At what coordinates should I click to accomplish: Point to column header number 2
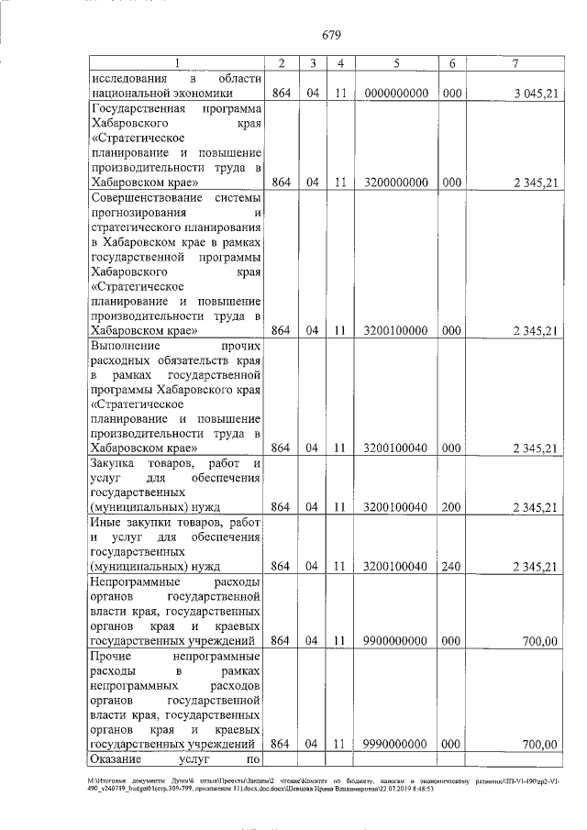coord(282,62)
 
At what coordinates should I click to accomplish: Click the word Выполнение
coord(125,347)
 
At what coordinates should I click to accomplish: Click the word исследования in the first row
coord(131,78)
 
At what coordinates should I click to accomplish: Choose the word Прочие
coord(111,657)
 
